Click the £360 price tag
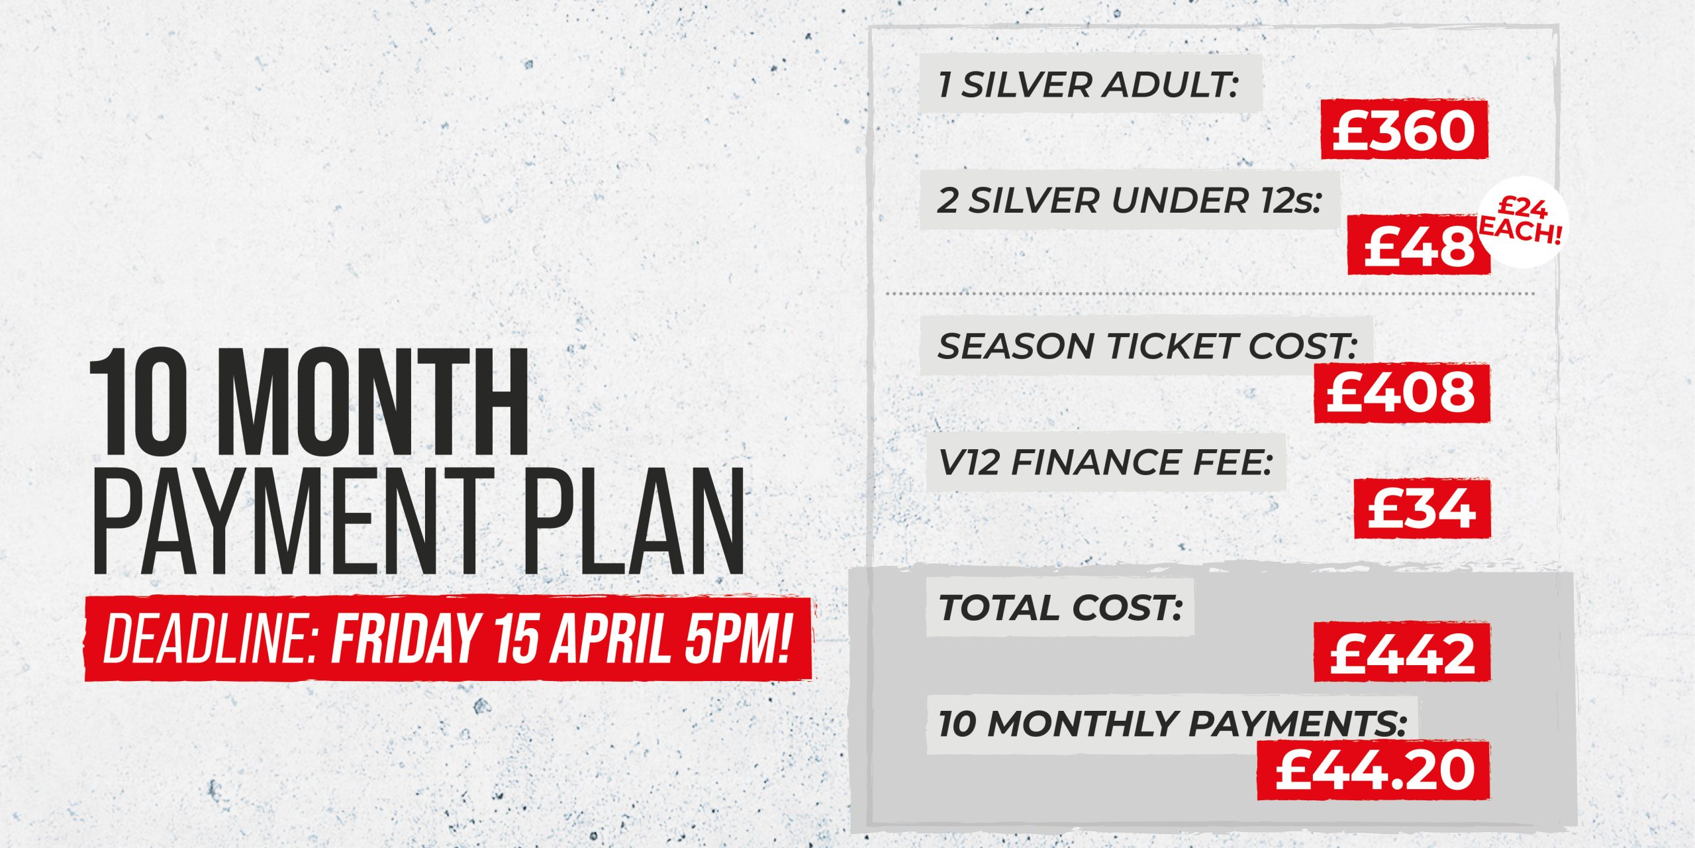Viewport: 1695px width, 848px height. pos(1404,129)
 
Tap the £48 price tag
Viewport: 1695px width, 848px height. pos(1419,244)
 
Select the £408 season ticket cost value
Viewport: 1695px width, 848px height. pos(1402,393)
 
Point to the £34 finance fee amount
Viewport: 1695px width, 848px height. pos(1422,509)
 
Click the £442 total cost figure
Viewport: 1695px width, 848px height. pos(1402,653)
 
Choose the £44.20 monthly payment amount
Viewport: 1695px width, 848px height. pos(1373,770)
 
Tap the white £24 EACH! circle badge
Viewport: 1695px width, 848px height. pos(1521,221)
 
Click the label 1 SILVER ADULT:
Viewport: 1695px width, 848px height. pos(1088,85)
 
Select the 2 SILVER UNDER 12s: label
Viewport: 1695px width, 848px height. pos(1129,199)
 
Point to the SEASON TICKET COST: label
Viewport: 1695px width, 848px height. pos(1147,346)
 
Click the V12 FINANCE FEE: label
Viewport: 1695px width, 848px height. pos(1105,462)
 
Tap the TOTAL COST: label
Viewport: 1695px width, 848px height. pos(1060,608)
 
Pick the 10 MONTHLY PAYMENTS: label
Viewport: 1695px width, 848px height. pos(1172,723)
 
